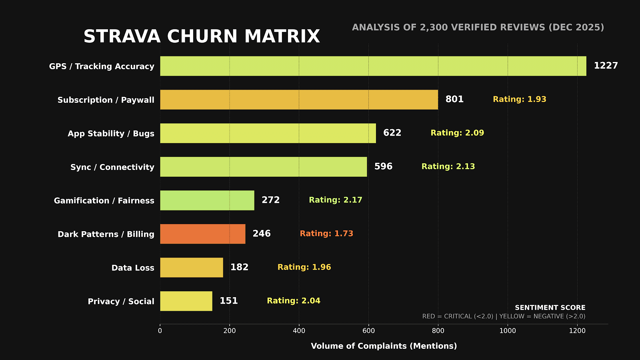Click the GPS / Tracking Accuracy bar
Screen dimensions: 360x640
click(x=373, y=66)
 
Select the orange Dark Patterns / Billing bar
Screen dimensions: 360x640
click(x=202, y=234)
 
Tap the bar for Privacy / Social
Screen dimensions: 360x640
click(x=186, y=301)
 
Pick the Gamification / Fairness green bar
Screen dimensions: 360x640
click(x=207, y=200)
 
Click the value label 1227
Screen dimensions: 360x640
click(x=606, y=66)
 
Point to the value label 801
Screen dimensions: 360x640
click(x=454, y=99)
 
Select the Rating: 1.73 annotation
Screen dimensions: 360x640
click(x=326, y=234)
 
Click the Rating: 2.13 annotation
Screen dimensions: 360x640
click(x=448, y=166)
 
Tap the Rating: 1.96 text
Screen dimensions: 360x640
click(x=304, y=267)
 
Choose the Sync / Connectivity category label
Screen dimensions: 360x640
click(x=112, y=167)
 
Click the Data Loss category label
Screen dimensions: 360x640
click(x=132, y=268)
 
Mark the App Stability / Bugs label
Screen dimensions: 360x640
click(x=111, y=134)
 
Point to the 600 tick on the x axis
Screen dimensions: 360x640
click(x=368, y=331)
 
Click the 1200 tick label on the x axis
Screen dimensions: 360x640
click(x=577, y=331)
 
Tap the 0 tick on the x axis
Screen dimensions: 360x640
click(x=160, y=331)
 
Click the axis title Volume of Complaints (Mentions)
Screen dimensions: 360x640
click(x=384, y=346)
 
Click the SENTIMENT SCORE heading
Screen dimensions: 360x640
click(x=550, y=308)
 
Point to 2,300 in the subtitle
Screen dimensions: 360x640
click(x=434, y=28)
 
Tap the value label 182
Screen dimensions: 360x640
click(x=239, y=267)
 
